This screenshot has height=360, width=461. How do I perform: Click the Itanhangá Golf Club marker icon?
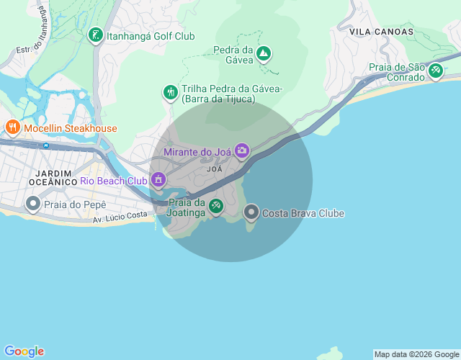[95, 35]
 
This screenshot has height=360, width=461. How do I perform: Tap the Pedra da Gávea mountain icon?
[264, 53]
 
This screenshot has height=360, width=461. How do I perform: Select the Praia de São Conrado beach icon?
[435, 71]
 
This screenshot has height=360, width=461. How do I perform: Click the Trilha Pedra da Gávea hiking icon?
[171, 92]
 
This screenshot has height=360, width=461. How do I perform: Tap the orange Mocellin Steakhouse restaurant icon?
[12, 128]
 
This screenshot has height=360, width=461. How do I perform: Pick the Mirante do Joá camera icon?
[241, 150]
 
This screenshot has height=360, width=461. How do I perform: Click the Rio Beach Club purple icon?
[158, 180]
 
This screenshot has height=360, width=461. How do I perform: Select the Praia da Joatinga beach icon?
[215, 208]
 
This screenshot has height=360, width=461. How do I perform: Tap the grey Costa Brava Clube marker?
[251, 212]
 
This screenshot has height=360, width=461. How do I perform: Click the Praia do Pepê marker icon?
[33, 204]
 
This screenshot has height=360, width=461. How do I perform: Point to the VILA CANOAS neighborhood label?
[381, 32]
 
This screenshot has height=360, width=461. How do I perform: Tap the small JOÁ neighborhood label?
[214, 168]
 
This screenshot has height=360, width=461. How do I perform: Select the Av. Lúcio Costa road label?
[121, 216]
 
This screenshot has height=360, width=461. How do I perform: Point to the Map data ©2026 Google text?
[416, 354]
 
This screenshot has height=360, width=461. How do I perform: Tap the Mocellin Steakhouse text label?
[70, 128]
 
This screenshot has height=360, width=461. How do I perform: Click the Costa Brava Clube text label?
[303, 213]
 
